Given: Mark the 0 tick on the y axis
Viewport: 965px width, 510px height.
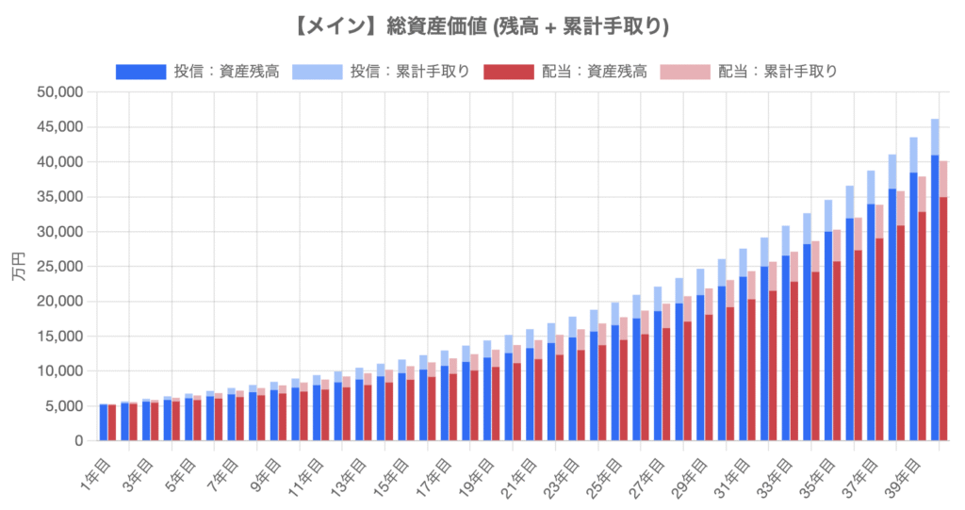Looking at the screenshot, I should (79, 441).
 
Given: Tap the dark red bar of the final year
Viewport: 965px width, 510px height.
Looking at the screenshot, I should (943, 321).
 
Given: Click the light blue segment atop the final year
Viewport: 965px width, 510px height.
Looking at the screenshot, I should (935, 137).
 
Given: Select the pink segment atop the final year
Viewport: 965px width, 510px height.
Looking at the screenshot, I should (943, 178).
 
